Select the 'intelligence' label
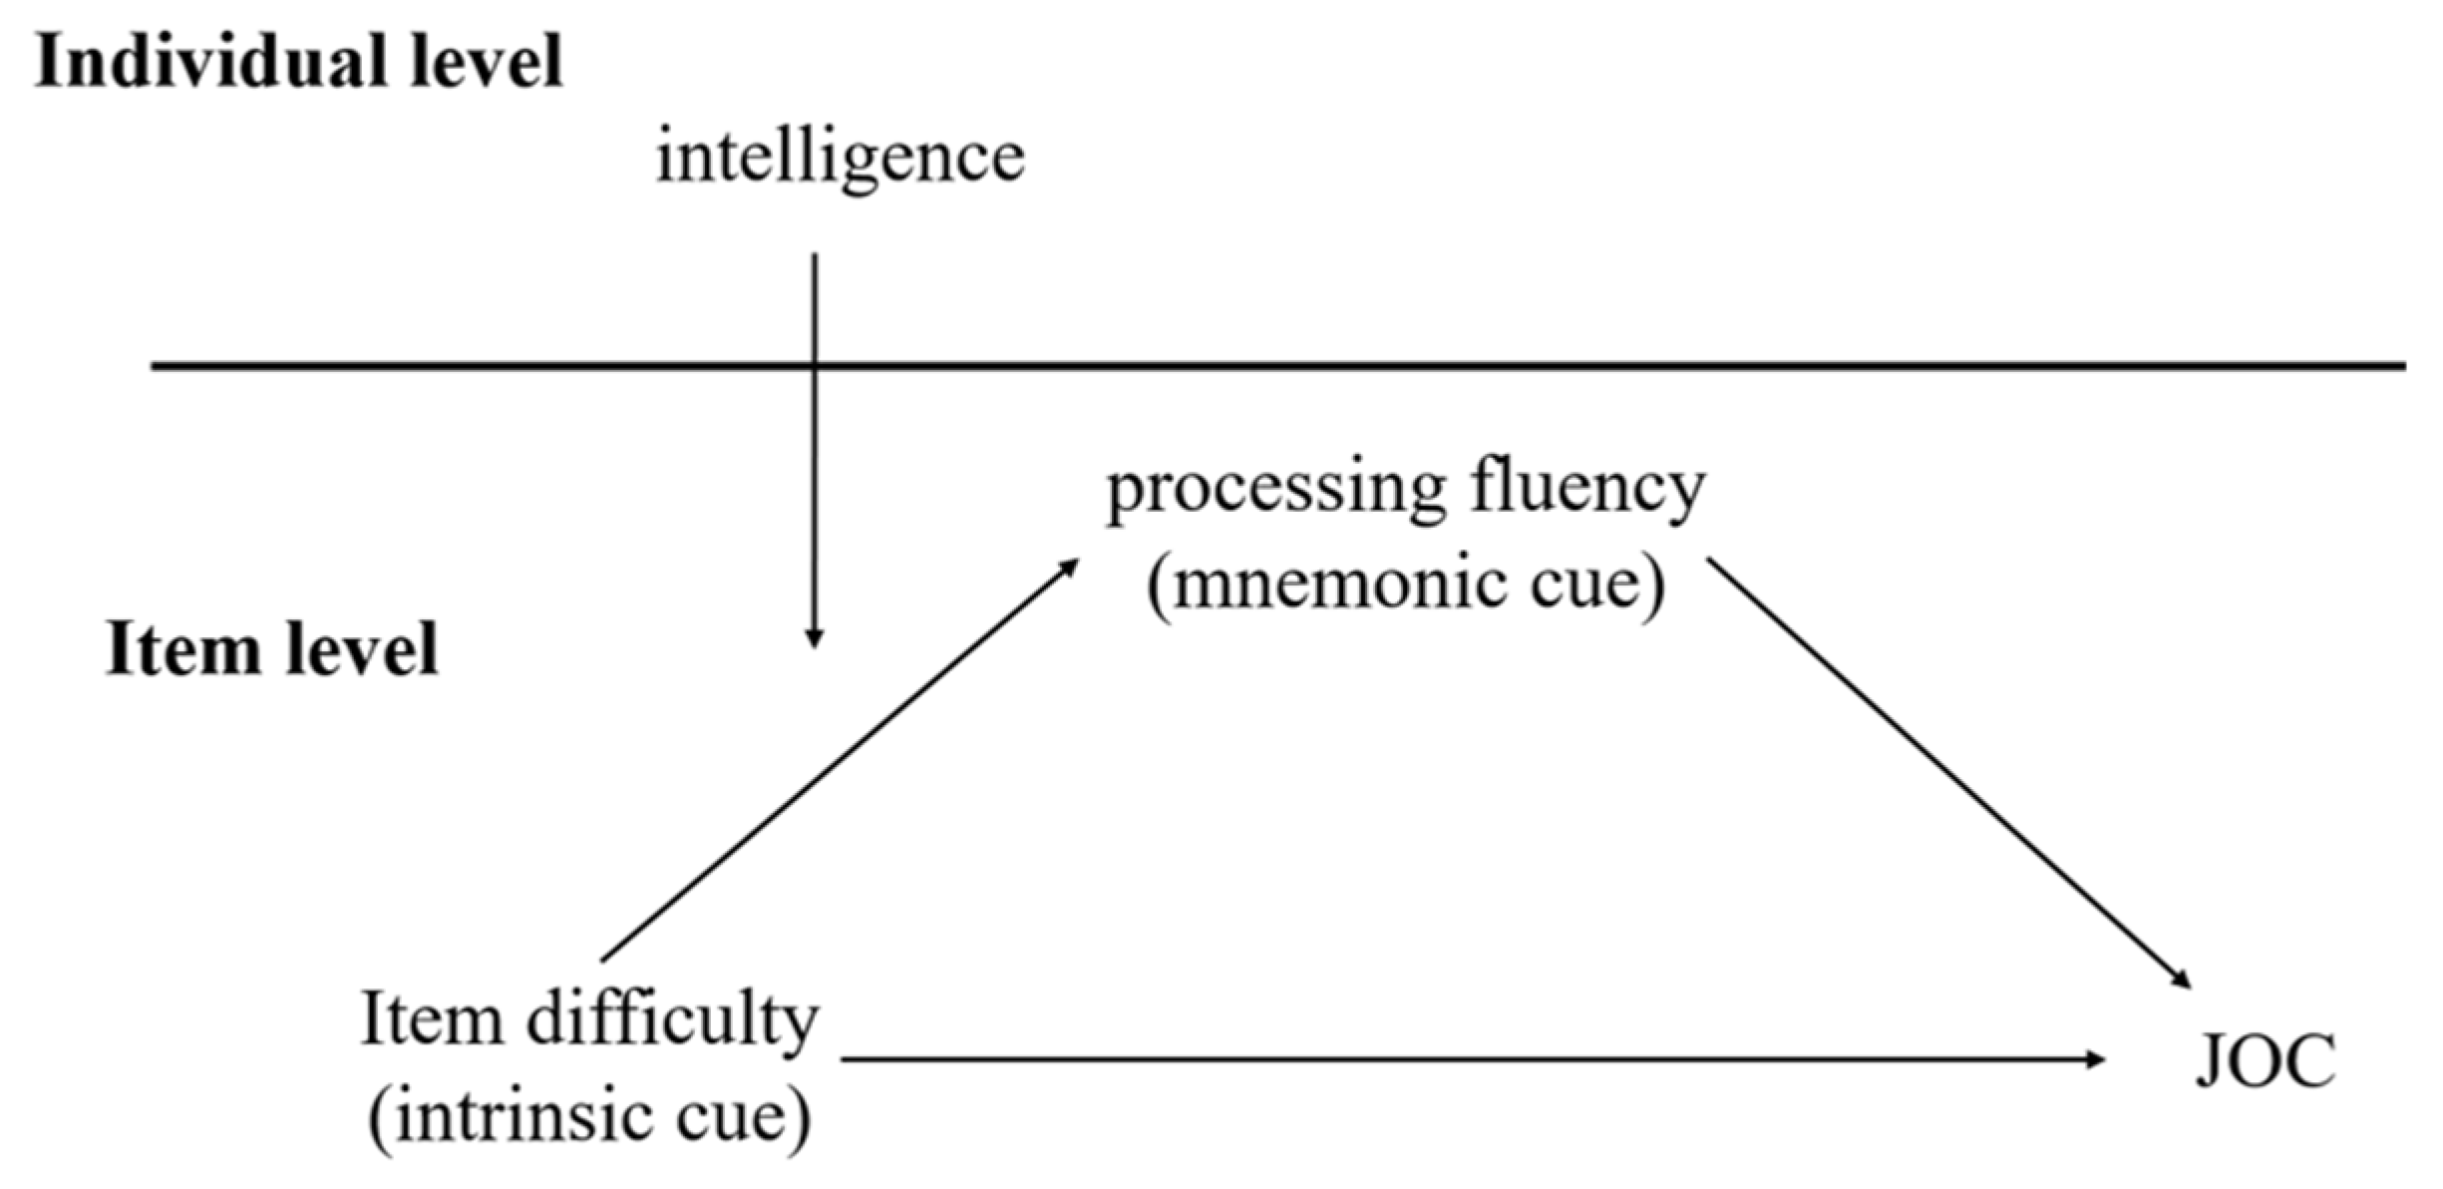(840, 160)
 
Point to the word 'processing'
(1276, 491)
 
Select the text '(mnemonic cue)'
(1406, 585)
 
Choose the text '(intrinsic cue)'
(590, 1117)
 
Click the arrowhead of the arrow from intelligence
(815, 638)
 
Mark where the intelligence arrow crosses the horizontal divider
(815, 366)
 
